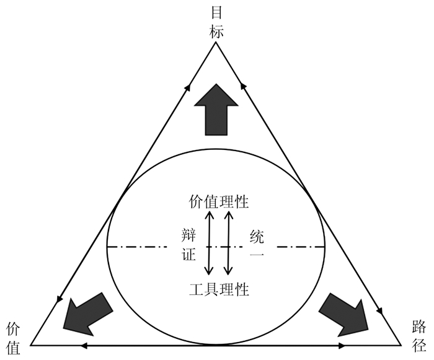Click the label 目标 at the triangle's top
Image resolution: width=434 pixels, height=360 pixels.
pyautogui.click(x=216, y=22)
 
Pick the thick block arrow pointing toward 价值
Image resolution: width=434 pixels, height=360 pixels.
pyautogui.click(x=87, y=311)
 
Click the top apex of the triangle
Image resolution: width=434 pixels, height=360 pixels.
pyautogui.click(x=216, y=45)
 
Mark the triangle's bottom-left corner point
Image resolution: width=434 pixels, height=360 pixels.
pyautogui.click(x=31, y=344)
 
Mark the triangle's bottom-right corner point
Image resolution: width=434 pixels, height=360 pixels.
pyautogui.click(x=401, y=344)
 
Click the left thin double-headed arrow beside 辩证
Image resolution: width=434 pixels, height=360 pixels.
pyautogui.click(x=210, y=243)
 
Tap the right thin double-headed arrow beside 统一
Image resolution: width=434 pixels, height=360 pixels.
pyautogui.click(x=228, y=243)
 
